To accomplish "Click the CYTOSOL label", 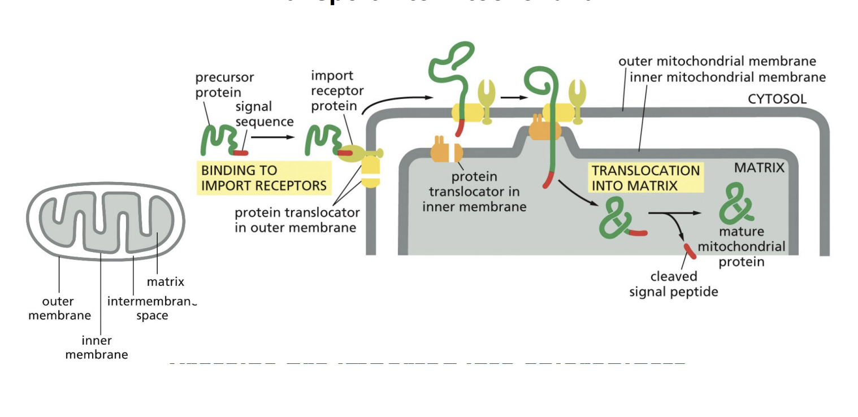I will pyautogui.click(x=777, y=99).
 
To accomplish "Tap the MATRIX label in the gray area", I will pyautogui.click(x=759, y=168).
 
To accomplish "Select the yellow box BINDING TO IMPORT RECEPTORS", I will pyautogui.click(x=263, y=177).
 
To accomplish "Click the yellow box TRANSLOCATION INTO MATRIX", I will pyautogui.click(x=645, y=177).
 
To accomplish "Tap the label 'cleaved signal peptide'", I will pyautogui.click(x=673, y=284).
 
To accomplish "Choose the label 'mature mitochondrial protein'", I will pyautogui.click(x=741, y=246).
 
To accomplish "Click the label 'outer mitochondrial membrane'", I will pyautogui.click(x=717, y=61).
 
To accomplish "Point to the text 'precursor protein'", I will pyautogui.click(x=224, y=85).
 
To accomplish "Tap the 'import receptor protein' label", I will pyautogui.click(x=337, y=90).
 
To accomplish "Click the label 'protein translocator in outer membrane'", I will pyautogui.click(x=297, y=220).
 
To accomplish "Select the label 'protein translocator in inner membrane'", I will pyautogui.click(x=474, y=192).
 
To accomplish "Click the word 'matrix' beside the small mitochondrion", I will pyautogui.click(x=165, y=281).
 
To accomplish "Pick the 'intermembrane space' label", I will pyautogui.click(x=151, y=308).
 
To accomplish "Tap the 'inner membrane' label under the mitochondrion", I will pyautogui.click(x=97, y=347).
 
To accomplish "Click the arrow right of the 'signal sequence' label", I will pyautogui.click(x=273, y=137).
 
